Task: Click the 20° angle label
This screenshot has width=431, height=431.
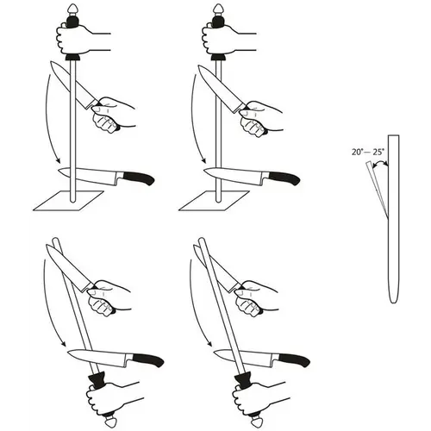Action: (357, 152)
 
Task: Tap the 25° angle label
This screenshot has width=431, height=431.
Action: (378, 152)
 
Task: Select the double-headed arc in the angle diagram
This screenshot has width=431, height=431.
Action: (380, 163)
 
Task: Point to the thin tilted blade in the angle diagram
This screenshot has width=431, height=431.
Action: (377, 190)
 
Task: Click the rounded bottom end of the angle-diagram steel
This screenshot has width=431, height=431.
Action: (393, 301)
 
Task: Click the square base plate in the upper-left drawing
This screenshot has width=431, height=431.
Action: (68, 201)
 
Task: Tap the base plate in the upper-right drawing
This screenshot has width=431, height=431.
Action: (214, 201)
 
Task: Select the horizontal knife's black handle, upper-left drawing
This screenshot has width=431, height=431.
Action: (139, 178)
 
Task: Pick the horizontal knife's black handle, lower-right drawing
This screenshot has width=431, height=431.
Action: (294, 359)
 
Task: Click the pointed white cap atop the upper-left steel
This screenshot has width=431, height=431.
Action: (72, 9)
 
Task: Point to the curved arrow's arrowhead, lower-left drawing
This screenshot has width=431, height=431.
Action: (63, 343)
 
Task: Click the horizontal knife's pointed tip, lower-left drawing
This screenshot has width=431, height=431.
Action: (68, 352)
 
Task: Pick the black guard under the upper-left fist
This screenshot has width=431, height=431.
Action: (72, 58)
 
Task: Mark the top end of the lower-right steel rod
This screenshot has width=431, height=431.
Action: (201, 239)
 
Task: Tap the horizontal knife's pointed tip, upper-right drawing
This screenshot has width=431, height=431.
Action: (204, 171)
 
